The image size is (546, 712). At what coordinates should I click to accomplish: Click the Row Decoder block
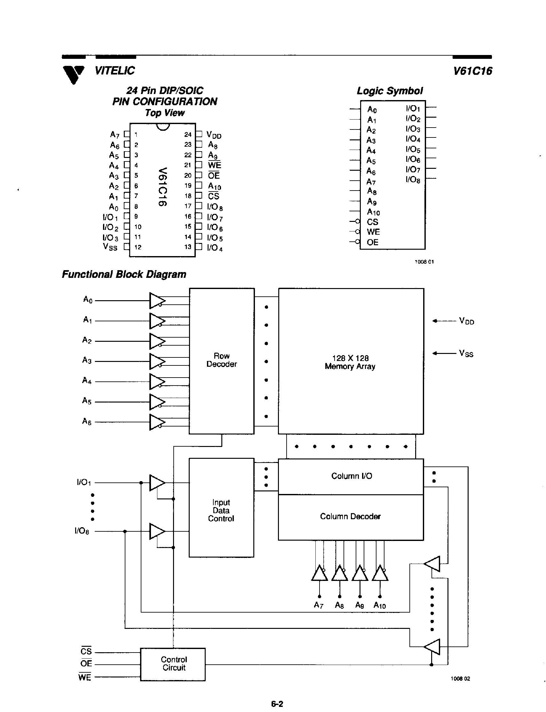click(222, 361)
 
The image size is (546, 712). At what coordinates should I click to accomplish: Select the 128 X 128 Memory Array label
click(350, 362)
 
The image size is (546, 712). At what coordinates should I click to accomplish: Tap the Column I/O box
click(351, 476)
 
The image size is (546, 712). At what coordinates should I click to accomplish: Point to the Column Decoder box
click(350, 517)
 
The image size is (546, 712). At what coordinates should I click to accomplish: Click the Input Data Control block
click(221, 510)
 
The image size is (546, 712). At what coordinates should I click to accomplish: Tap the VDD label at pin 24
click(214, 135)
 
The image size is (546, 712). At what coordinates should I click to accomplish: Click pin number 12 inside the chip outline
click(138, 247)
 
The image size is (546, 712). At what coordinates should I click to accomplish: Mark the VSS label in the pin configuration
click(110, 247)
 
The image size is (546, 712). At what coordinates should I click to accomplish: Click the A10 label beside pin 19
click(215, 186)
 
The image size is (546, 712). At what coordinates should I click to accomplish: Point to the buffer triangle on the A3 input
click(157, 361)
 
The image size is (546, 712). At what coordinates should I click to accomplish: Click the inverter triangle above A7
click(319, 573)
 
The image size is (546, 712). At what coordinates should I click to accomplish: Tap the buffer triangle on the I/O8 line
click(157, 531)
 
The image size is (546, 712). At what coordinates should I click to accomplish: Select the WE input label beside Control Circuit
click(84, 677)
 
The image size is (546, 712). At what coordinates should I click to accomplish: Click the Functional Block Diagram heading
click(124, 274)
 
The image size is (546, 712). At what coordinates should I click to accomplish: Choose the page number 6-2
click(277, 704)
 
